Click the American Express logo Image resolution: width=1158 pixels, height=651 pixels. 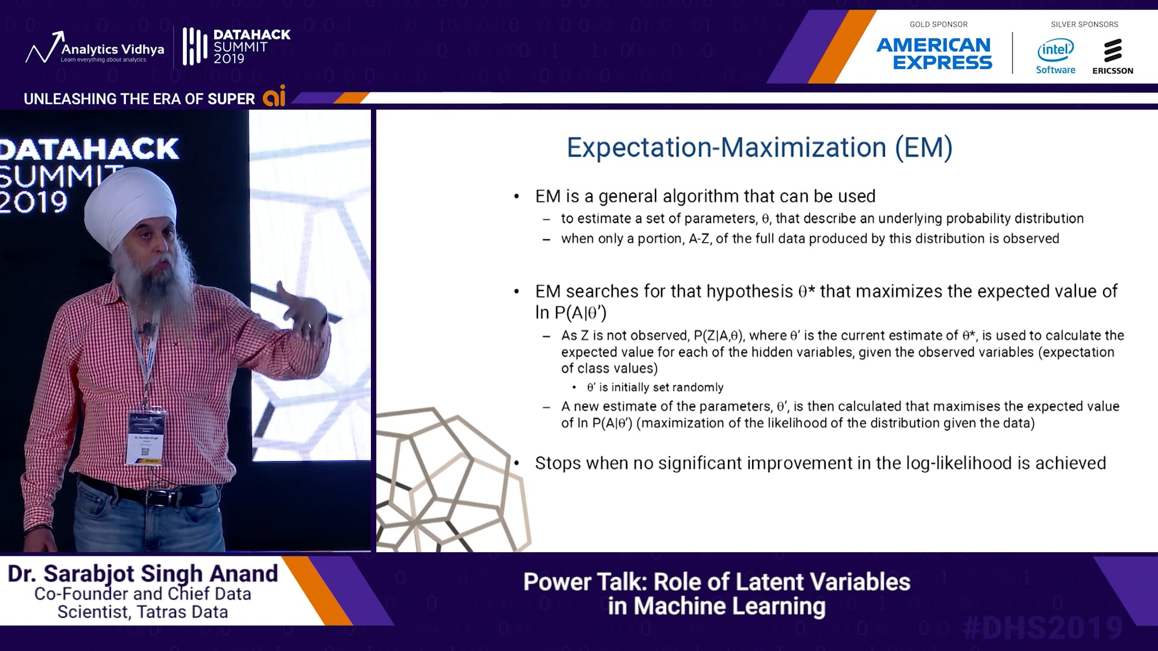934,54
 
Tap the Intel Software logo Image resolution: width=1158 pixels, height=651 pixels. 1055,57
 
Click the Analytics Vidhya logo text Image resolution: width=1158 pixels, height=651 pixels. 112,49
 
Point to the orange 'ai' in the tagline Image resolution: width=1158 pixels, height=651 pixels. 274,96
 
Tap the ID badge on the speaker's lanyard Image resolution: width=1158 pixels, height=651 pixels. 145,438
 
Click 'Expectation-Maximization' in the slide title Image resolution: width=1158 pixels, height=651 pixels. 726,148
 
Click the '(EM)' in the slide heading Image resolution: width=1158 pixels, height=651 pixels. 923,148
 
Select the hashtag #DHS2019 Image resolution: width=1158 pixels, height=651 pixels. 1043,627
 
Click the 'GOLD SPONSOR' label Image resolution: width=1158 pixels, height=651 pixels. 938,24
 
